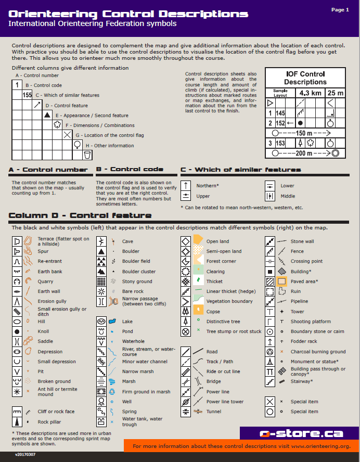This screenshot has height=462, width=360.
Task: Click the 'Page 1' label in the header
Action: point(340,9)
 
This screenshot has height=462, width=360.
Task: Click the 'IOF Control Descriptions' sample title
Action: point(305,78)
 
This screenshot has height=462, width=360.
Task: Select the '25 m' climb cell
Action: point(336,93)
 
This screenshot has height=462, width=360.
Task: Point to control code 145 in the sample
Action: point(280,113)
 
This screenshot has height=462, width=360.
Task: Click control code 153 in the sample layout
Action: point(280,143)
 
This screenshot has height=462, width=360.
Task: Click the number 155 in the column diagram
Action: point(27,95)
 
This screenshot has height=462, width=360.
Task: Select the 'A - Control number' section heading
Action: point(48,170)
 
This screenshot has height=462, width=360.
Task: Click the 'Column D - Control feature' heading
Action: point(80,215)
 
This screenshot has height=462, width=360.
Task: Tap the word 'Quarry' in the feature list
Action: point(45,281)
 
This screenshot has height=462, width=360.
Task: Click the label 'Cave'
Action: point(127,241)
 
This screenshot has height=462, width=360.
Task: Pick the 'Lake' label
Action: point(127,322)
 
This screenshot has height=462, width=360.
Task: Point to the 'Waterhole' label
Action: point(134,341)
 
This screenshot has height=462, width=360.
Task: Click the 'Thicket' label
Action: point(214,281)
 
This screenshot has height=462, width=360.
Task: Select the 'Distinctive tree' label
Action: point(223,322)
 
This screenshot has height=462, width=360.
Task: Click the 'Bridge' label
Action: point(213,381)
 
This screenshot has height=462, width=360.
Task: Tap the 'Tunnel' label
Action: point(213,412)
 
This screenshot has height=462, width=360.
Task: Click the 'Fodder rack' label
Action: point(304,341)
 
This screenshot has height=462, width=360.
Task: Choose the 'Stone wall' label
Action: point(302,241)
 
